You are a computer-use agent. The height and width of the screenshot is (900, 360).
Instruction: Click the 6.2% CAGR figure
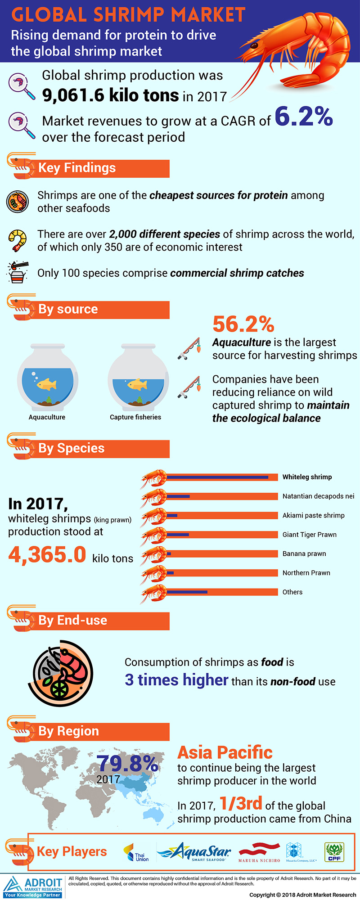[303, 117]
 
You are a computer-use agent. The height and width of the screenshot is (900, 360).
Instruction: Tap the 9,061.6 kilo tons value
[111, 95]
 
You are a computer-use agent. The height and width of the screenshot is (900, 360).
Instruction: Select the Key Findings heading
[77, 168]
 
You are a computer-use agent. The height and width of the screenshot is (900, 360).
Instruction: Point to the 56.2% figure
[243, 324]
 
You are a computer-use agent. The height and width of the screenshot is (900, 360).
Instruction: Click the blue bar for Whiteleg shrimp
[217, 477]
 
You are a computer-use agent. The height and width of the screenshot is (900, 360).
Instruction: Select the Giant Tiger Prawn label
[310, 535]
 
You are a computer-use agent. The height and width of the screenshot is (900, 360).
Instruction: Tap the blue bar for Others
[187, 592]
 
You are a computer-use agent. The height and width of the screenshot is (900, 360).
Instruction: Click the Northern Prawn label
[306, 573]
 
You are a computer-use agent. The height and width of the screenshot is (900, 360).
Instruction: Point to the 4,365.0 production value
[47, 554]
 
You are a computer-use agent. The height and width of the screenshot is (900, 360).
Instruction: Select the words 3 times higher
[176, 680]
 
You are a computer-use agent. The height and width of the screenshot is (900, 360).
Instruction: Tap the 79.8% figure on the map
[127, 764]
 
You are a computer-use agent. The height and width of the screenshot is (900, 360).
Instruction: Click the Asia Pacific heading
[225, 752]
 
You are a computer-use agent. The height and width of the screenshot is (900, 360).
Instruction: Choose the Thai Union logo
[136, 852]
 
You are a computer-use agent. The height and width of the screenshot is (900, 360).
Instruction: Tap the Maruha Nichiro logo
[259, 852]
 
